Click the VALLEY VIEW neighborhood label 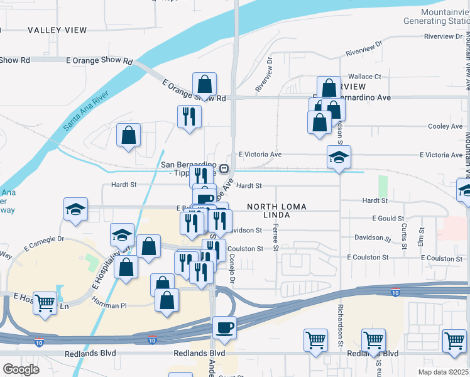pos(57,30)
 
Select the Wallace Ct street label pos(366,76)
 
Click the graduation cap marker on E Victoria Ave pos(339,157)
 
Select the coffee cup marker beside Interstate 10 pos(224,327)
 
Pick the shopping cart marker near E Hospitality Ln pos(45,303)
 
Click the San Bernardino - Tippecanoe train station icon pos(223,168)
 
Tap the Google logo pos(21,369)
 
